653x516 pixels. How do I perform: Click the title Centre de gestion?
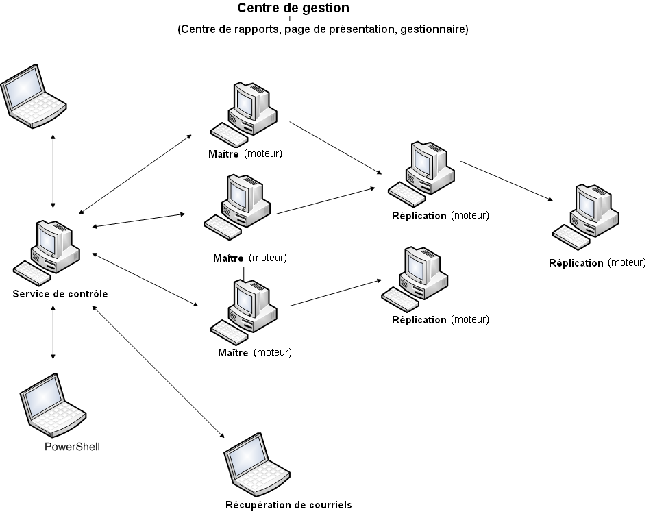click(x=293, y=8)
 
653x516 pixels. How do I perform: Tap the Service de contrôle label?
click(x=60, y=294)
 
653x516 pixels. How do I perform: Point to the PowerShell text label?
click(x=72, y=447)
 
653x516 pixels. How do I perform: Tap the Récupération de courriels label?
click(x=288, y=505)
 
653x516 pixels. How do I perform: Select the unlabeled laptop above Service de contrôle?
click(x=32, y=94)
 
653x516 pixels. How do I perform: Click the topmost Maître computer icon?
click(x=244, y=113)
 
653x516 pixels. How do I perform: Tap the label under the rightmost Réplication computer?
click(x=597, y=262)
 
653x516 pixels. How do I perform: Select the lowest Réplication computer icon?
click(x=415, y=281)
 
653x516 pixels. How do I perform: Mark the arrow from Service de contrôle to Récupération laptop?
click(x=158, y=372)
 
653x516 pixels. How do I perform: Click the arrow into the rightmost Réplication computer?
click(x=507, y=181)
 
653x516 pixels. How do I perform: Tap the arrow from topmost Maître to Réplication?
click(x=336, y=147)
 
